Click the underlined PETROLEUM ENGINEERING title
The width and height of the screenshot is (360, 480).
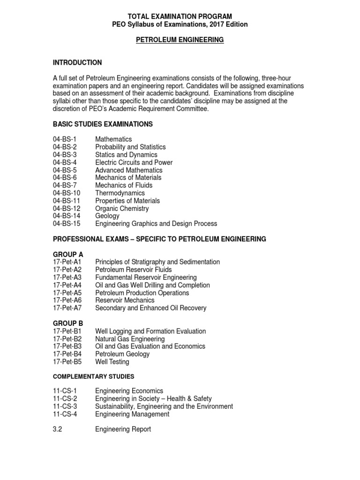click(180, 40)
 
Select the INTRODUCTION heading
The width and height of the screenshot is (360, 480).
click(77, 63)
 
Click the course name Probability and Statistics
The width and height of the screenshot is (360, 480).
click(130, 147)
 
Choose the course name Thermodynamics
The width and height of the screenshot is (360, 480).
click(120, 193)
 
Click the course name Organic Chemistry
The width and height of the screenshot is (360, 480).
click(122, 209)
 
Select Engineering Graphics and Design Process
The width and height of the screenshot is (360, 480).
click(156, 224)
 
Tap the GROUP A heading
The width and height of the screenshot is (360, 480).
click(68, 255)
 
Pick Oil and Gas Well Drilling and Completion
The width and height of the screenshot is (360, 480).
click(152, 285)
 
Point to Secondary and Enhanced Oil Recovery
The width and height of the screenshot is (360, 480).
click(150, 308)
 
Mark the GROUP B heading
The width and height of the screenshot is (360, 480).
click(68, 323)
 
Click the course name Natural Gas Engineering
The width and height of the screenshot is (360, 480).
click(130, 339)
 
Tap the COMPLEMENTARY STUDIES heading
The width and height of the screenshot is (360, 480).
click(93, 376)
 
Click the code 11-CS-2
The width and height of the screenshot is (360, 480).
click(65, 399)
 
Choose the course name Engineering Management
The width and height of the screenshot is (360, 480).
click(132, 414)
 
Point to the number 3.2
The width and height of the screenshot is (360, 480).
click(58, 429)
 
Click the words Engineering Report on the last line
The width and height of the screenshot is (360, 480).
click(123, 429)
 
